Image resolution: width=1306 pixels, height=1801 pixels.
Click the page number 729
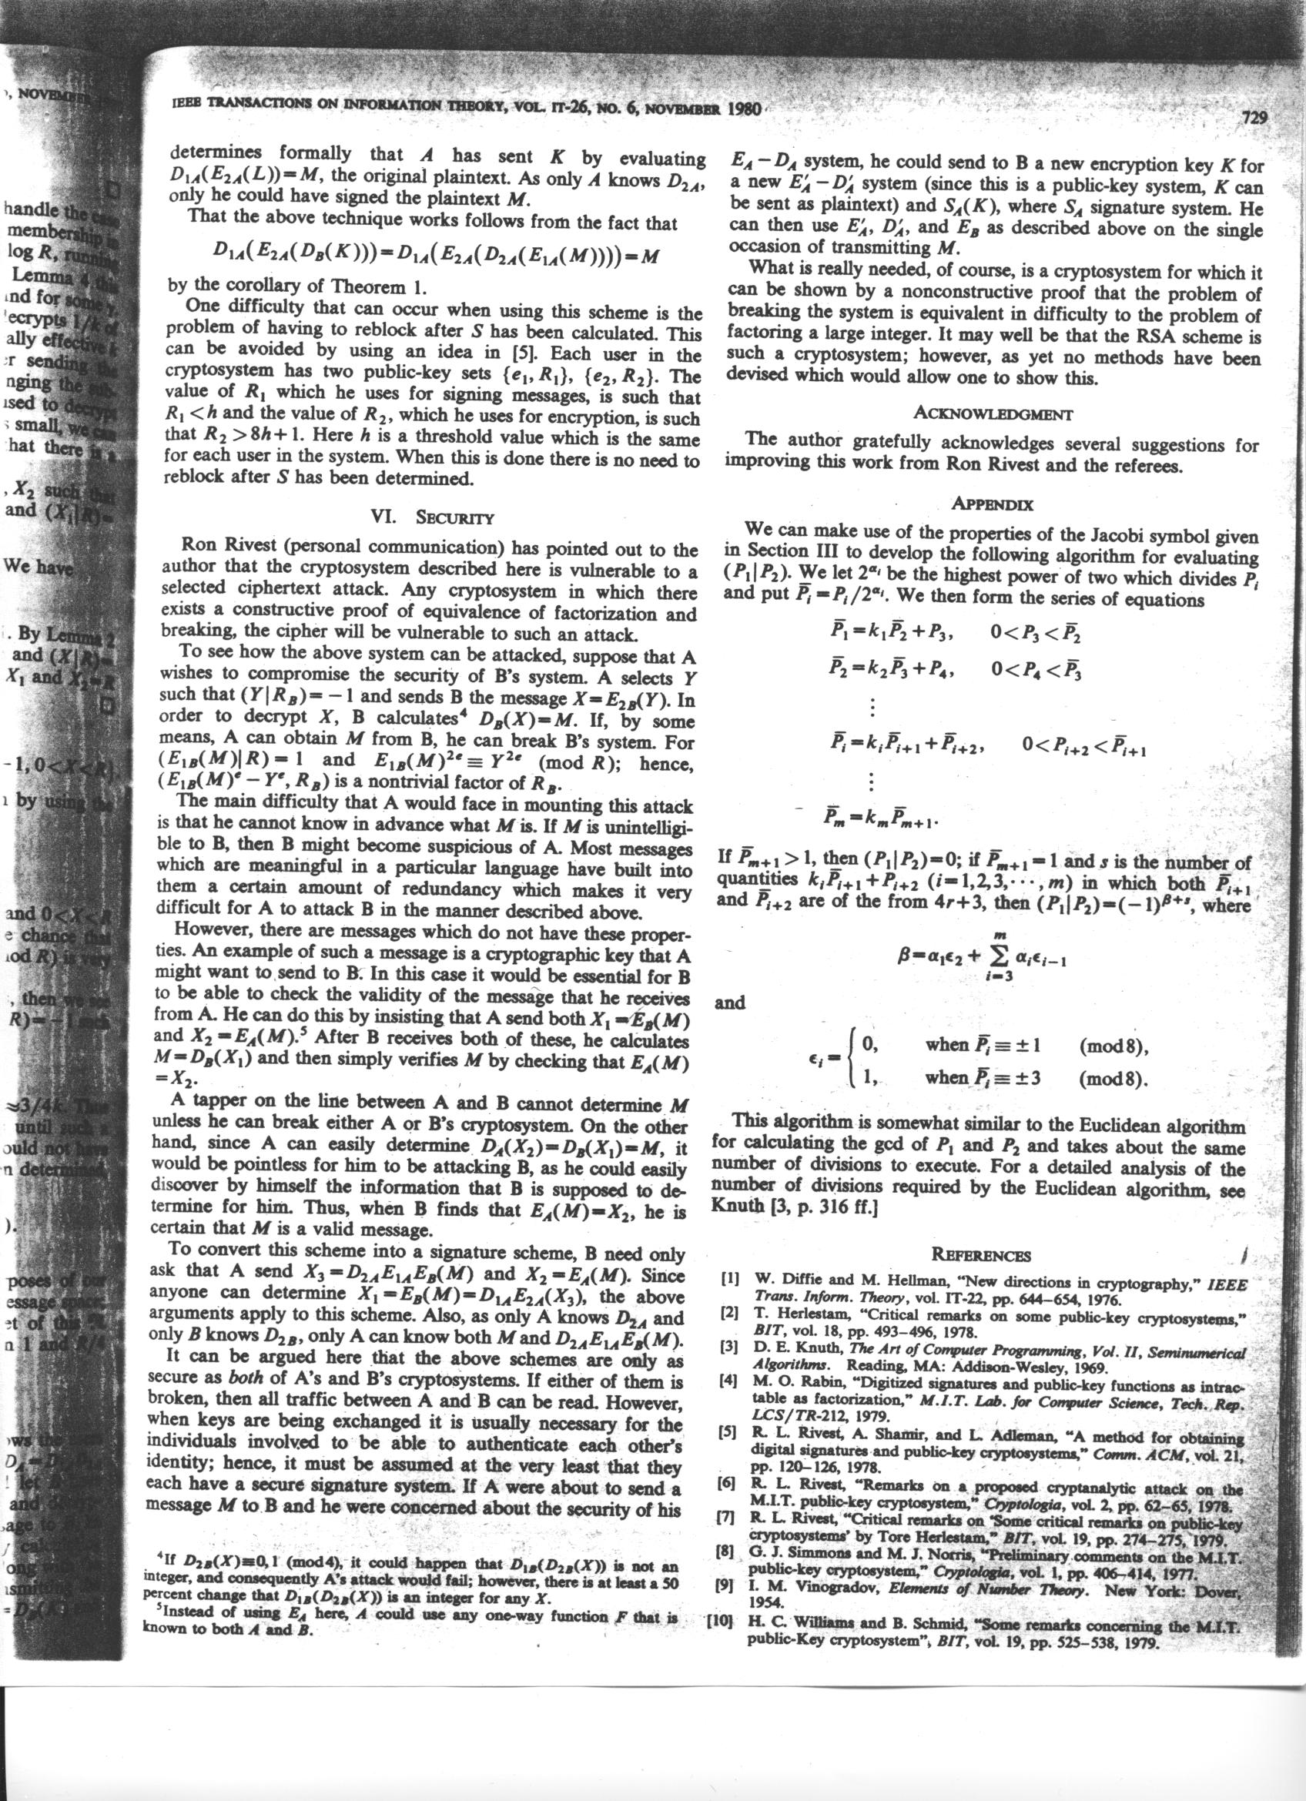tap(1251, 120)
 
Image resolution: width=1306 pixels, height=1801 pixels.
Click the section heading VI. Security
tap(432, 517)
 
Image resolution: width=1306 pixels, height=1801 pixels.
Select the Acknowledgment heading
tap(993, 413)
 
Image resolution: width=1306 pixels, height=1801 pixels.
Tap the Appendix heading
tap(992, 504)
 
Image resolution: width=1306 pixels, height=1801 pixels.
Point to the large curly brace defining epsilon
tap(851, 1061)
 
